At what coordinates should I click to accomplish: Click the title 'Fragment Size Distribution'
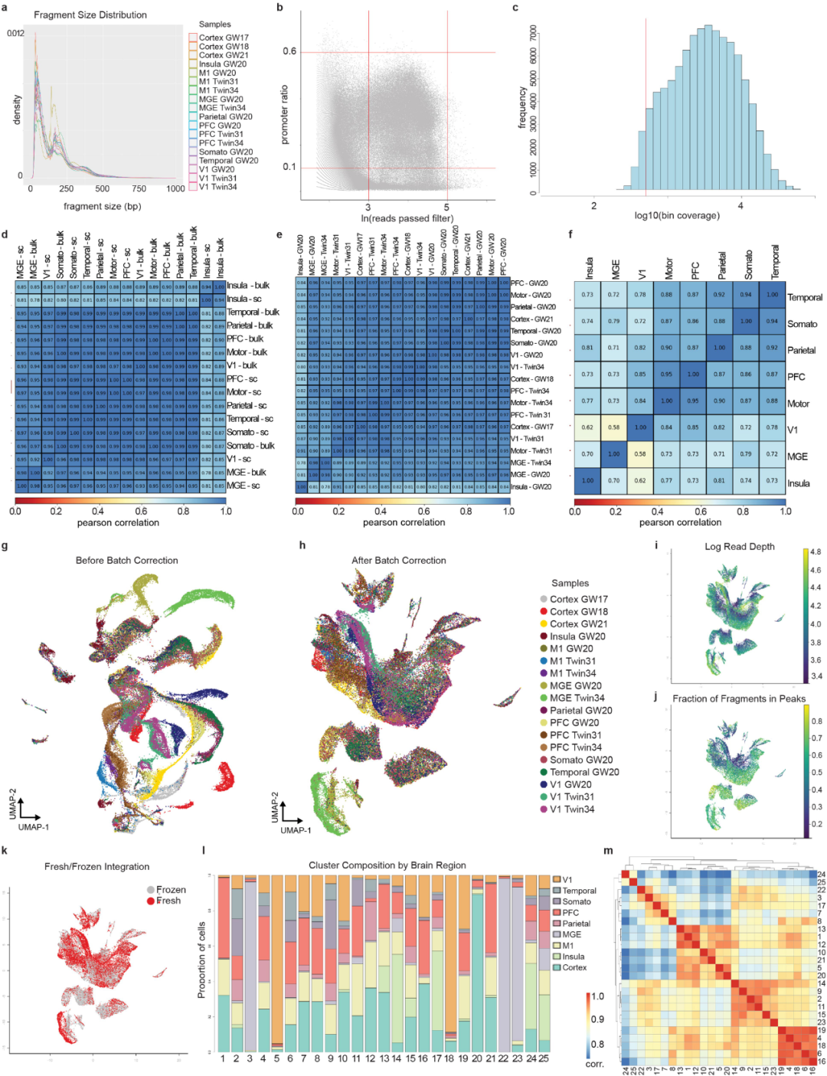point(90,15)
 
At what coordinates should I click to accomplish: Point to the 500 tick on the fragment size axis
point(102,188)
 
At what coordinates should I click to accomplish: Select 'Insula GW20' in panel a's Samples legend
point(222,64)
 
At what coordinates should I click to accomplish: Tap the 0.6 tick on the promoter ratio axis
point(289,51)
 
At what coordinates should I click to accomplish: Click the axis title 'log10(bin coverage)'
point(677,215)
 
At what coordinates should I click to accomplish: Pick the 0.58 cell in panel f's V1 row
point(613,427)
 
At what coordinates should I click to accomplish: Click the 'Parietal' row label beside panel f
point(801,350)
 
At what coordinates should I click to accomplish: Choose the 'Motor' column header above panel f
point(668,269)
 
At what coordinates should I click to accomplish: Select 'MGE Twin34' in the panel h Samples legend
point(577,698)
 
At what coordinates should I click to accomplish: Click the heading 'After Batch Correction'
point(398,561)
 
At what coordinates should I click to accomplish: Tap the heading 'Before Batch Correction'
point(126,561)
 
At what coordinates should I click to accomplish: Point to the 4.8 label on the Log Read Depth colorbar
point(816,551)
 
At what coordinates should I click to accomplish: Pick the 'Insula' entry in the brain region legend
point(573,957)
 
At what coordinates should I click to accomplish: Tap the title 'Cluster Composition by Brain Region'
point(387,865)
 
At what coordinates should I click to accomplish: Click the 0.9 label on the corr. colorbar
point(597,1019)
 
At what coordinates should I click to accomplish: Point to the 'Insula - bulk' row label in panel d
point(247,286)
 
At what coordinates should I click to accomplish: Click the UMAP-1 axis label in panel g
point(34,827)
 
